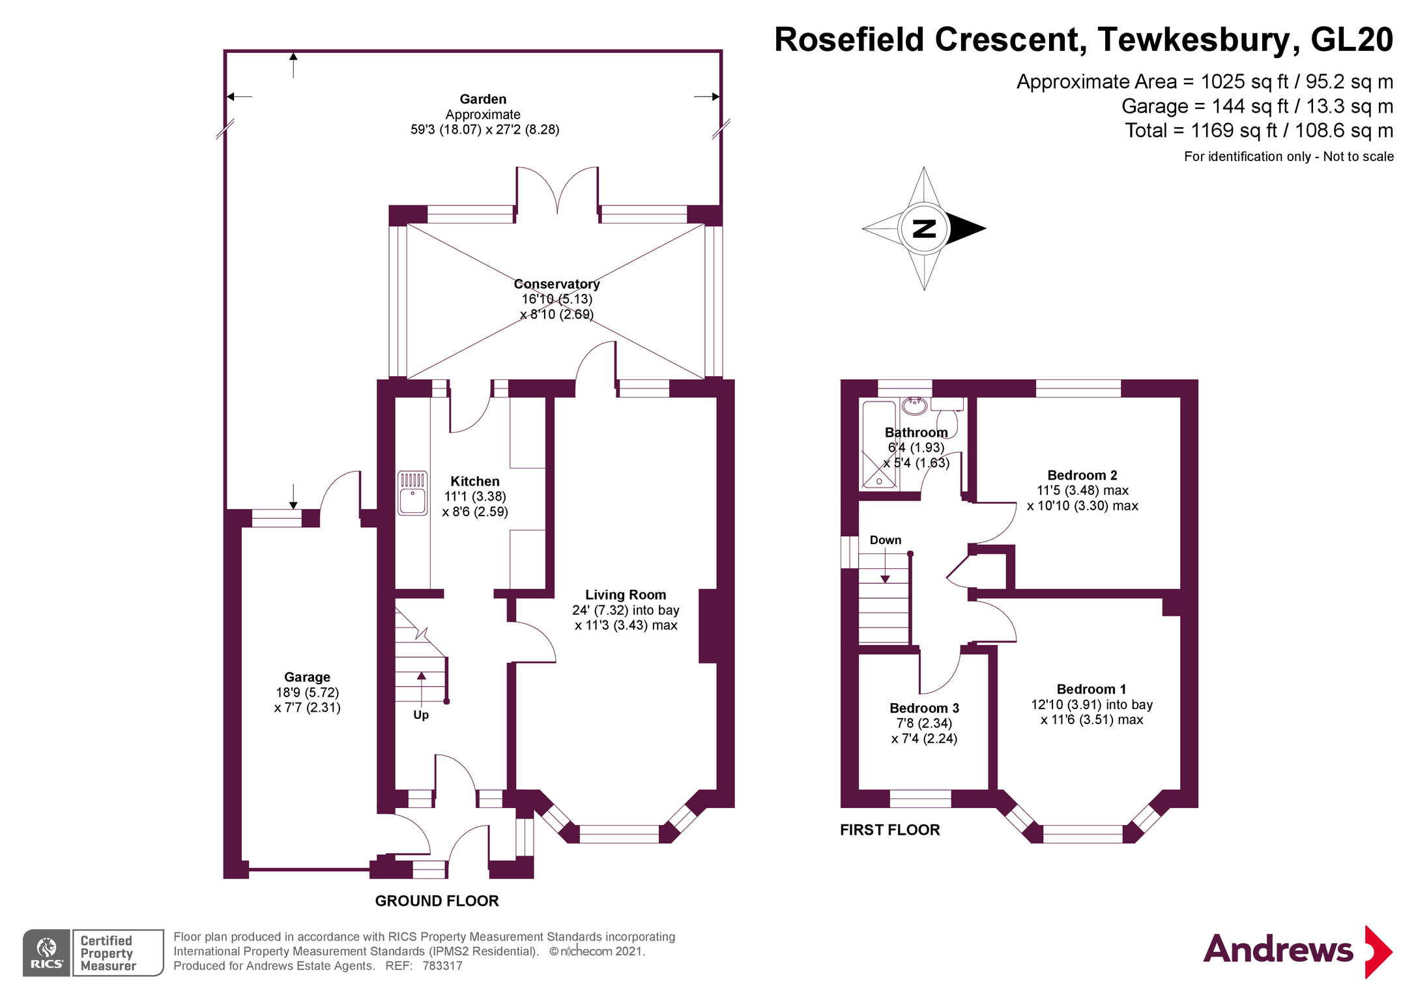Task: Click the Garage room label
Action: tap(307, 678)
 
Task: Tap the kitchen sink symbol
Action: tap(412, 493)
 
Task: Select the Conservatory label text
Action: tap(556, 284)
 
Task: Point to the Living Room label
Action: tap(626, 595)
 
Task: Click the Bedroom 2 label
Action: tap(1082, 476)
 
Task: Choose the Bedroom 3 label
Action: tap(924, 708)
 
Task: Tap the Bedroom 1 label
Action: tap(1091, 689)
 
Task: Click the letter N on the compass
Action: tap(924, 229)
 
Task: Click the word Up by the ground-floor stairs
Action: tap(421, 715)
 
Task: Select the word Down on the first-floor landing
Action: tap(886, 540)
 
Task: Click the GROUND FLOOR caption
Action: tap(437, 901)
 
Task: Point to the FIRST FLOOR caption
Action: tap(889, 830)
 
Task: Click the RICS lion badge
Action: tap(47, 953)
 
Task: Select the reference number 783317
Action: tap(442, 966)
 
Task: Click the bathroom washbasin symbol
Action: tap(914, 406)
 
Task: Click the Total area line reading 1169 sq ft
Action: tap(1258, 130)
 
